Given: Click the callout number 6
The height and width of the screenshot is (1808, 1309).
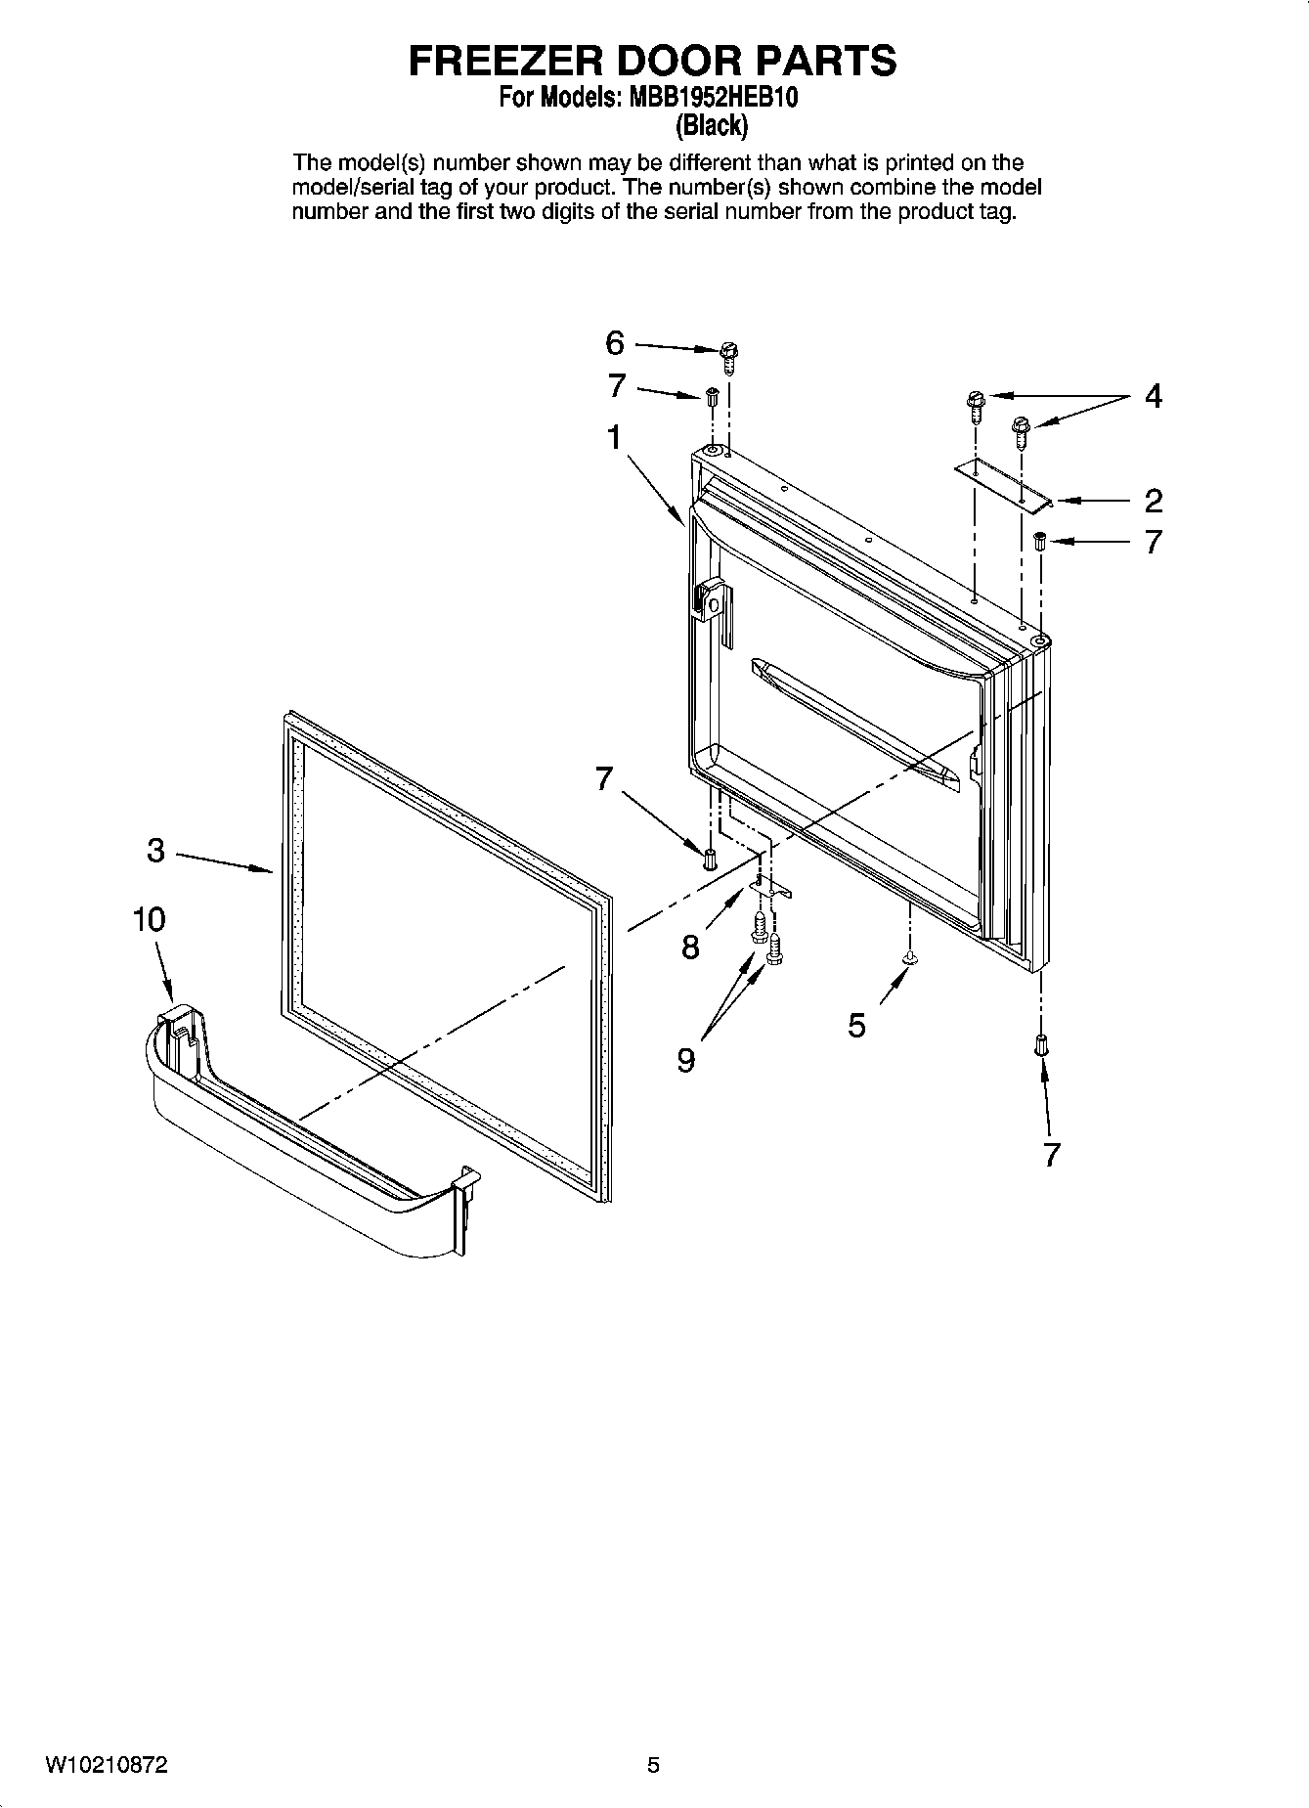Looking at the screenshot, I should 614,343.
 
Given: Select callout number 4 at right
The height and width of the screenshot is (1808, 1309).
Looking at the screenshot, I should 1154,396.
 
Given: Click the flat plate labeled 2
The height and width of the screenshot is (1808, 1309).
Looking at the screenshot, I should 1002,485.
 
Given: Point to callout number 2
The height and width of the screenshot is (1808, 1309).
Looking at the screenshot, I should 1154,501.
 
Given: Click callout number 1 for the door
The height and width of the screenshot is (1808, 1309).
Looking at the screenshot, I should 614,438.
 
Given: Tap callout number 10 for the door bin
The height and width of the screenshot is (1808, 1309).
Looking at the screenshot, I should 150,919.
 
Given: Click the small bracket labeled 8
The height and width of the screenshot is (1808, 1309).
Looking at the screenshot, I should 770,886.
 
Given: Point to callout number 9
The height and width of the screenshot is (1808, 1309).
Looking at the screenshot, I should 686,1060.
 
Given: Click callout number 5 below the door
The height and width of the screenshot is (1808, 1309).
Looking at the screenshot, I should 856,1025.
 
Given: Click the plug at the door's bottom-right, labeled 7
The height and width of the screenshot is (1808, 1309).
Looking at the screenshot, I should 1041,1045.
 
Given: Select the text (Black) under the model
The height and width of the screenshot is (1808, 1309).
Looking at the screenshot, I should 713,125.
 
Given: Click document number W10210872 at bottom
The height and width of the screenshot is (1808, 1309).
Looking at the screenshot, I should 107,1765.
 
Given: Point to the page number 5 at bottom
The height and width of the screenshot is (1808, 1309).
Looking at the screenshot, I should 653,1765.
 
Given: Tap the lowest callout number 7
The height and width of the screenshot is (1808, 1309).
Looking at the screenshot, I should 1051,1155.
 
